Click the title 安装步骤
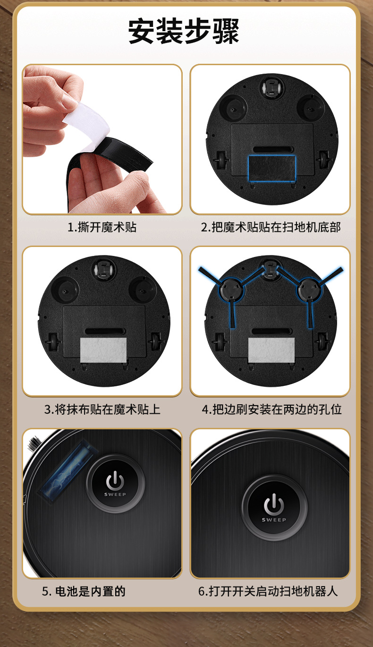(x=184, y=31)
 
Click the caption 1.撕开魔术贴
(x=102, y=227)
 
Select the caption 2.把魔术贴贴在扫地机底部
(x=271, y=227)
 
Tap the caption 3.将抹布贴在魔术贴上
(x=102, y=409)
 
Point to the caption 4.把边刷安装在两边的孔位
(x=271, y=409)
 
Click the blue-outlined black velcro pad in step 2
(x=271, y=169)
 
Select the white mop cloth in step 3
(x=103, y=350)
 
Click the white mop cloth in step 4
(x=271, y=350)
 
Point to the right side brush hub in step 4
(x=309, y=289)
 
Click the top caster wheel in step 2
(x=271, y=86)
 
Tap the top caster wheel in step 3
(x=104, y=269)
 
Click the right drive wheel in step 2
(x=323, y=160)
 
